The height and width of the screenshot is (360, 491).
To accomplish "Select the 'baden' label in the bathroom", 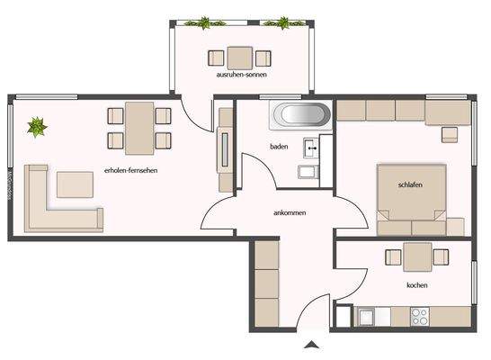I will click(x=279, y=146).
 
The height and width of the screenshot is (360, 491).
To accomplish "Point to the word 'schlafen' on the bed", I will click(x=410, y=184).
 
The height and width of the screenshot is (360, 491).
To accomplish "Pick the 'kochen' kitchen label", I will click(x=416, y=286).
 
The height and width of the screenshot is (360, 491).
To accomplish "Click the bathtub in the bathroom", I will click(x=301, y=115).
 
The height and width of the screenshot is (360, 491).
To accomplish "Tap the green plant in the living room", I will click(x=37, y=127).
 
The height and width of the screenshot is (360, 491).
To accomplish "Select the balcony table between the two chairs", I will click(x=239, y=58).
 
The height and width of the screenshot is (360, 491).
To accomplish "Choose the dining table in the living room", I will click(x=139, y=127).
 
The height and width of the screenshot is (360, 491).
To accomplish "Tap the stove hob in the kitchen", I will click(x=420, y=316).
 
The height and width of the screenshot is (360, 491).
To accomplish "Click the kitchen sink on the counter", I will click(x=366, y=316).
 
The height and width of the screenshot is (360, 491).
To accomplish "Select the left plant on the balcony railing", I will click(x=205, y=22).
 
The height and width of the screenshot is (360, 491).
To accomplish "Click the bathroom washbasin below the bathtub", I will click(x=309, y=146).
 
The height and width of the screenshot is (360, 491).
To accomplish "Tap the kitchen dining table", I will click(x=415, y=257).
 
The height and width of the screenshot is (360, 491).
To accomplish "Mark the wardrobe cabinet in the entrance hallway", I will click(x=265, y=274).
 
